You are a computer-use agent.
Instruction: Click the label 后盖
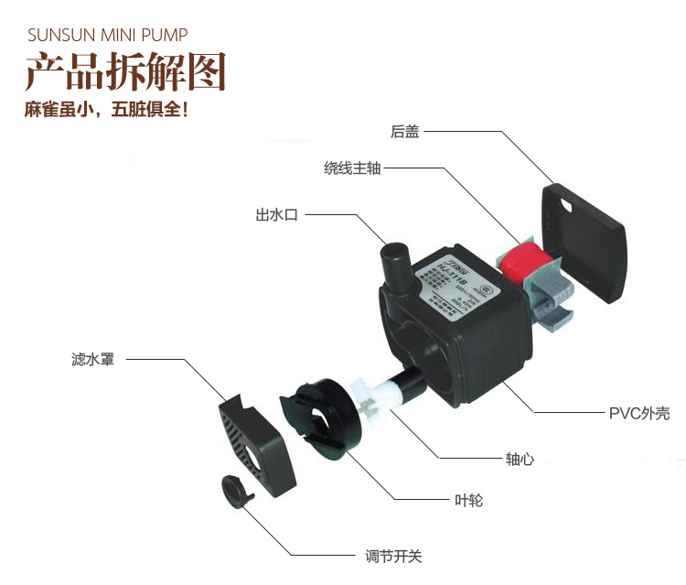(x=404, y=132)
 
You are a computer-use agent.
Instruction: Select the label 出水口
(x=276, y=215)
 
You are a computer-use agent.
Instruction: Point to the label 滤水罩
(x=92, y=359)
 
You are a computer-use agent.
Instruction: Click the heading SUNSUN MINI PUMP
(x=108, y=36)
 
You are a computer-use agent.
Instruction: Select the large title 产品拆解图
(x=124, y=72)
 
